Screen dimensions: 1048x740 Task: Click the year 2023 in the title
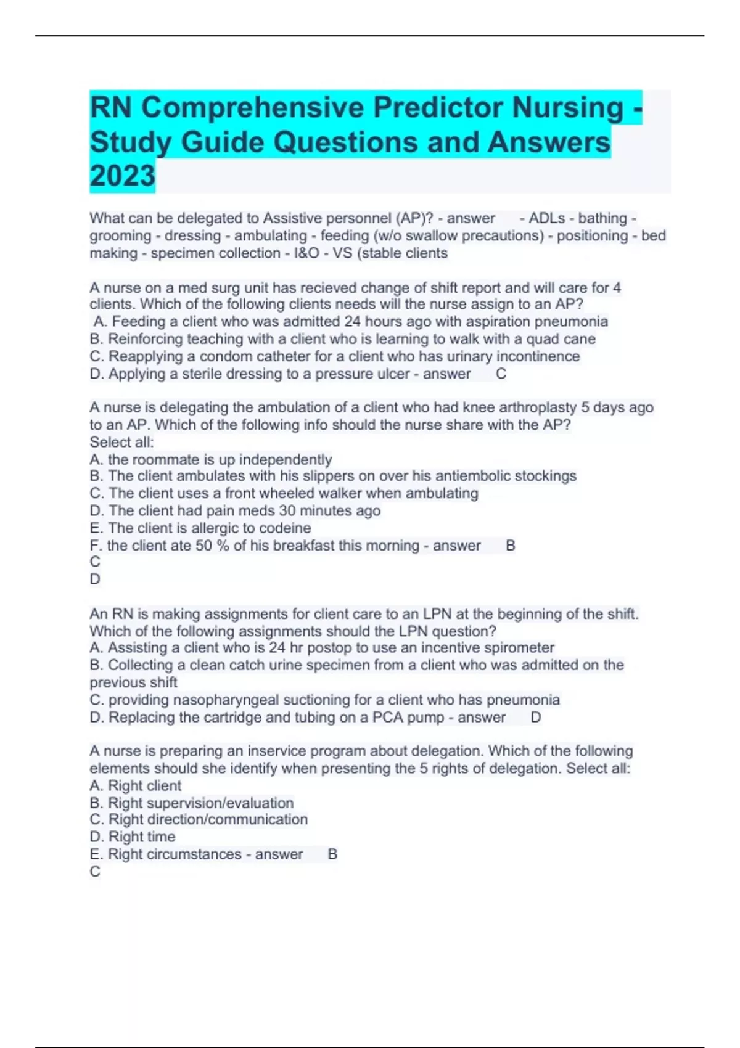tap(122, 176)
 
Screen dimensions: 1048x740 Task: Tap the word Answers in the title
tap(549, 142)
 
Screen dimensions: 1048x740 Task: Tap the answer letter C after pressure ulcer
tap(501, 374)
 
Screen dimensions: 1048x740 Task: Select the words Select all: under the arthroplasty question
tap(121, 442)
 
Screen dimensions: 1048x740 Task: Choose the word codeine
tap(285, 528)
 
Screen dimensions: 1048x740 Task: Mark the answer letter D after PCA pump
tap(535, 718)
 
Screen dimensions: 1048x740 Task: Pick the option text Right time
tap(142, 837)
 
